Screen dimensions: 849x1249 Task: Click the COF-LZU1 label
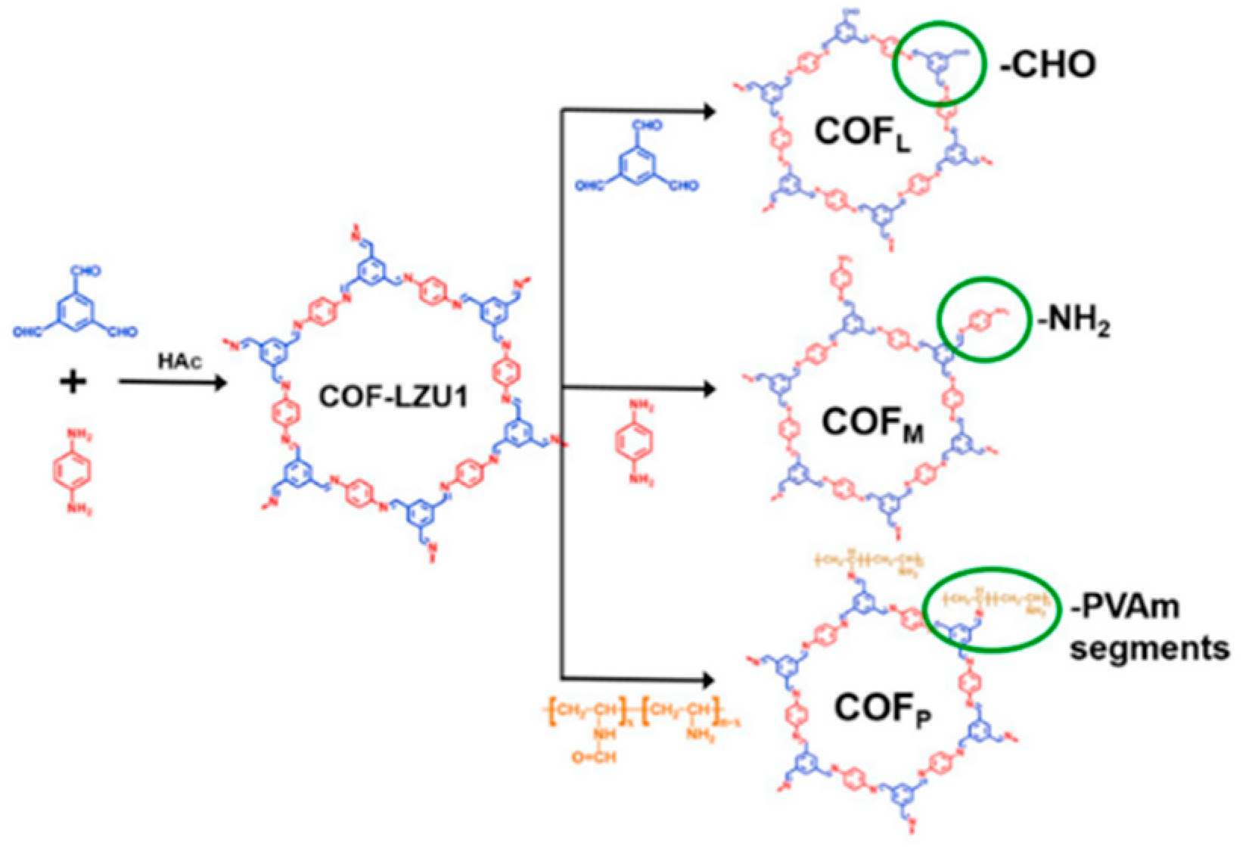pyautogui.click(x=393, y=396)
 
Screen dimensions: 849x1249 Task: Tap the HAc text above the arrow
pyautogui.click(x=179, y=361)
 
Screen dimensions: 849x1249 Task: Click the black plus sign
pyautogui.click(x=73, y=382)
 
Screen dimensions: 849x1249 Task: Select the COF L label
pyautogui.click(x=862, y=134)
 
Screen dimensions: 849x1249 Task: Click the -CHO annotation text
pyautogui.click(x=1048, y=65)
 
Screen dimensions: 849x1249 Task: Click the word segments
pyautogui.click(x=1149, y=648)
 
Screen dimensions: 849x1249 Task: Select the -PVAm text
pyautogui.click(x=1125, y=607)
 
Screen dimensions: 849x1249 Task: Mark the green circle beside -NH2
pyautogui.click(x=983, y=319)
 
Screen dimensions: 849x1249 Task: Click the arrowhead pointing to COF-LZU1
pyautogui.click(x=220, y=382)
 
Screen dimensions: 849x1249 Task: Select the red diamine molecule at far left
pyautogui.click(x=72, y=471)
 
